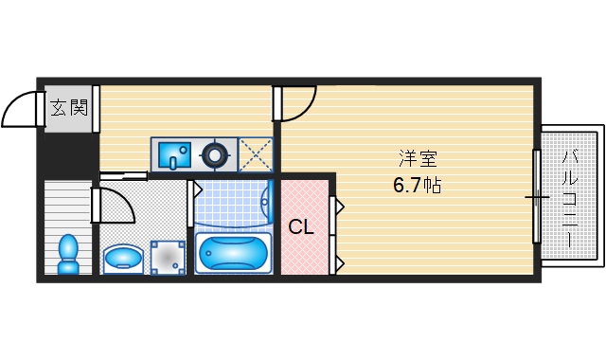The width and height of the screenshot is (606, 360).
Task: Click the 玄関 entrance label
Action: pyautogui.click(x=68, y=107)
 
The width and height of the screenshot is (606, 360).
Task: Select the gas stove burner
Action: pyautogui.click(x=216, y=152)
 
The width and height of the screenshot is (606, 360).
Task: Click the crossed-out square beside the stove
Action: pyautogui.click(x=255, y=153)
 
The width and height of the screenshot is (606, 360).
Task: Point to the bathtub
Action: pyautogui.click(x=232, y=253)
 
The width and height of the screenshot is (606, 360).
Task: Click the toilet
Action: pyautogui.click(x=68, y=253)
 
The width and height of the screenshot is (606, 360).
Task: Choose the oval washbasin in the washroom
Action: pyautogui.click(x=123, y=257)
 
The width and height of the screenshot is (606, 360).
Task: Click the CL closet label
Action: pyautogui.click(x=301, y=227)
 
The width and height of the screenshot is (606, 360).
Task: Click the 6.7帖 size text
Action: pyautogui.click(x=417, y=185)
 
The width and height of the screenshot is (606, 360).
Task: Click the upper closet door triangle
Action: pyautogui.click(x=338, y=205)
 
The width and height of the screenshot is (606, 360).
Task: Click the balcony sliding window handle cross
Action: pyautogui.click(x=537, y=198)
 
